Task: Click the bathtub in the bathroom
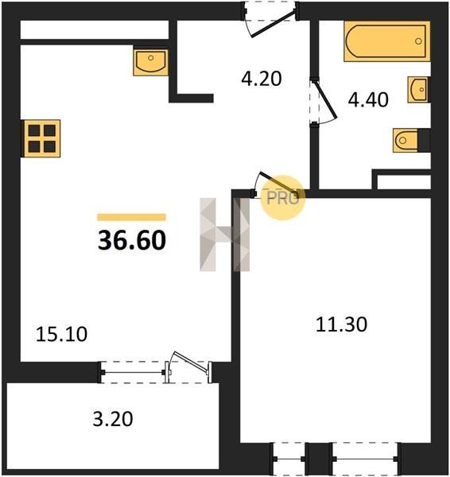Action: pos(387,41)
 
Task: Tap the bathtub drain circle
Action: pos(418,41)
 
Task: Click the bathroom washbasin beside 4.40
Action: pos(419,89)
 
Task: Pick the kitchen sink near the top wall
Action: pos(150,63)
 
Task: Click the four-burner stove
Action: pos(41,138)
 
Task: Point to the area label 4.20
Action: pos(262,79)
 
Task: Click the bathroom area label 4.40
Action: pos(368,100)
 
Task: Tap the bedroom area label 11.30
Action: pos(341,324)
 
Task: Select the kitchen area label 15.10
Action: pos(61,334)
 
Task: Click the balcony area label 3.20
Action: pos(113,419)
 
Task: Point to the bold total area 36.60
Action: pos(132,240)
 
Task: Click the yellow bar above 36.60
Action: pos(131,217)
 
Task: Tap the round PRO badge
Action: pos(283,197)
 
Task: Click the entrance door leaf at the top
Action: pos(273,24)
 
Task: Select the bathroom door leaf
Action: pos(325,99)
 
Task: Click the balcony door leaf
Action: pos(191,362)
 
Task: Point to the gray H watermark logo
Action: pos(224,235)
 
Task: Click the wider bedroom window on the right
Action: pos(365,459)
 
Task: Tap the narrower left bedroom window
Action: pos(289,459)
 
